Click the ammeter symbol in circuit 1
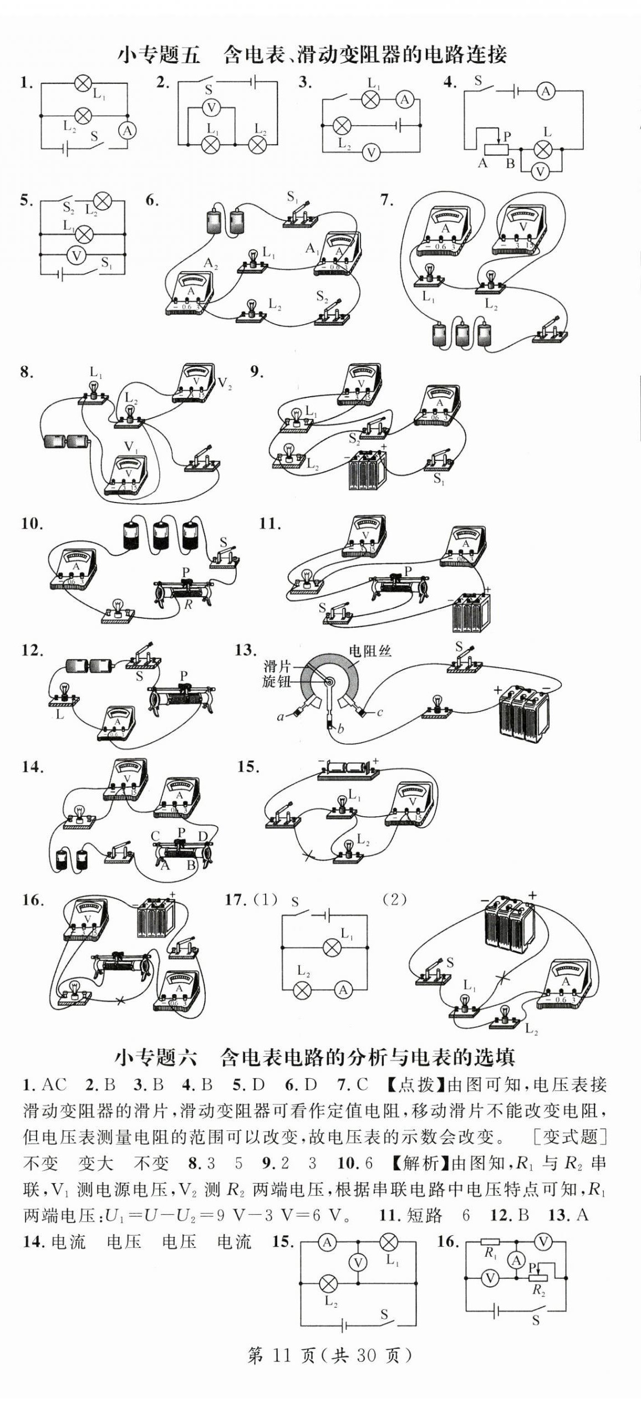128,131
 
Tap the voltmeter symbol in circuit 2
211,107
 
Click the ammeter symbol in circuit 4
546,91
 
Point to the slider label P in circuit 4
507,135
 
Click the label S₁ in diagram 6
293,197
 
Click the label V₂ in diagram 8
225,384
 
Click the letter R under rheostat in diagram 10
188,605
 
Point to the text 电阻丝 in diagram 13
370,651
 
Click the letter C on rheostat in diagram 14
155,836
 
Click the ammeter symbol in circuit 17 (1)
343,990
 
